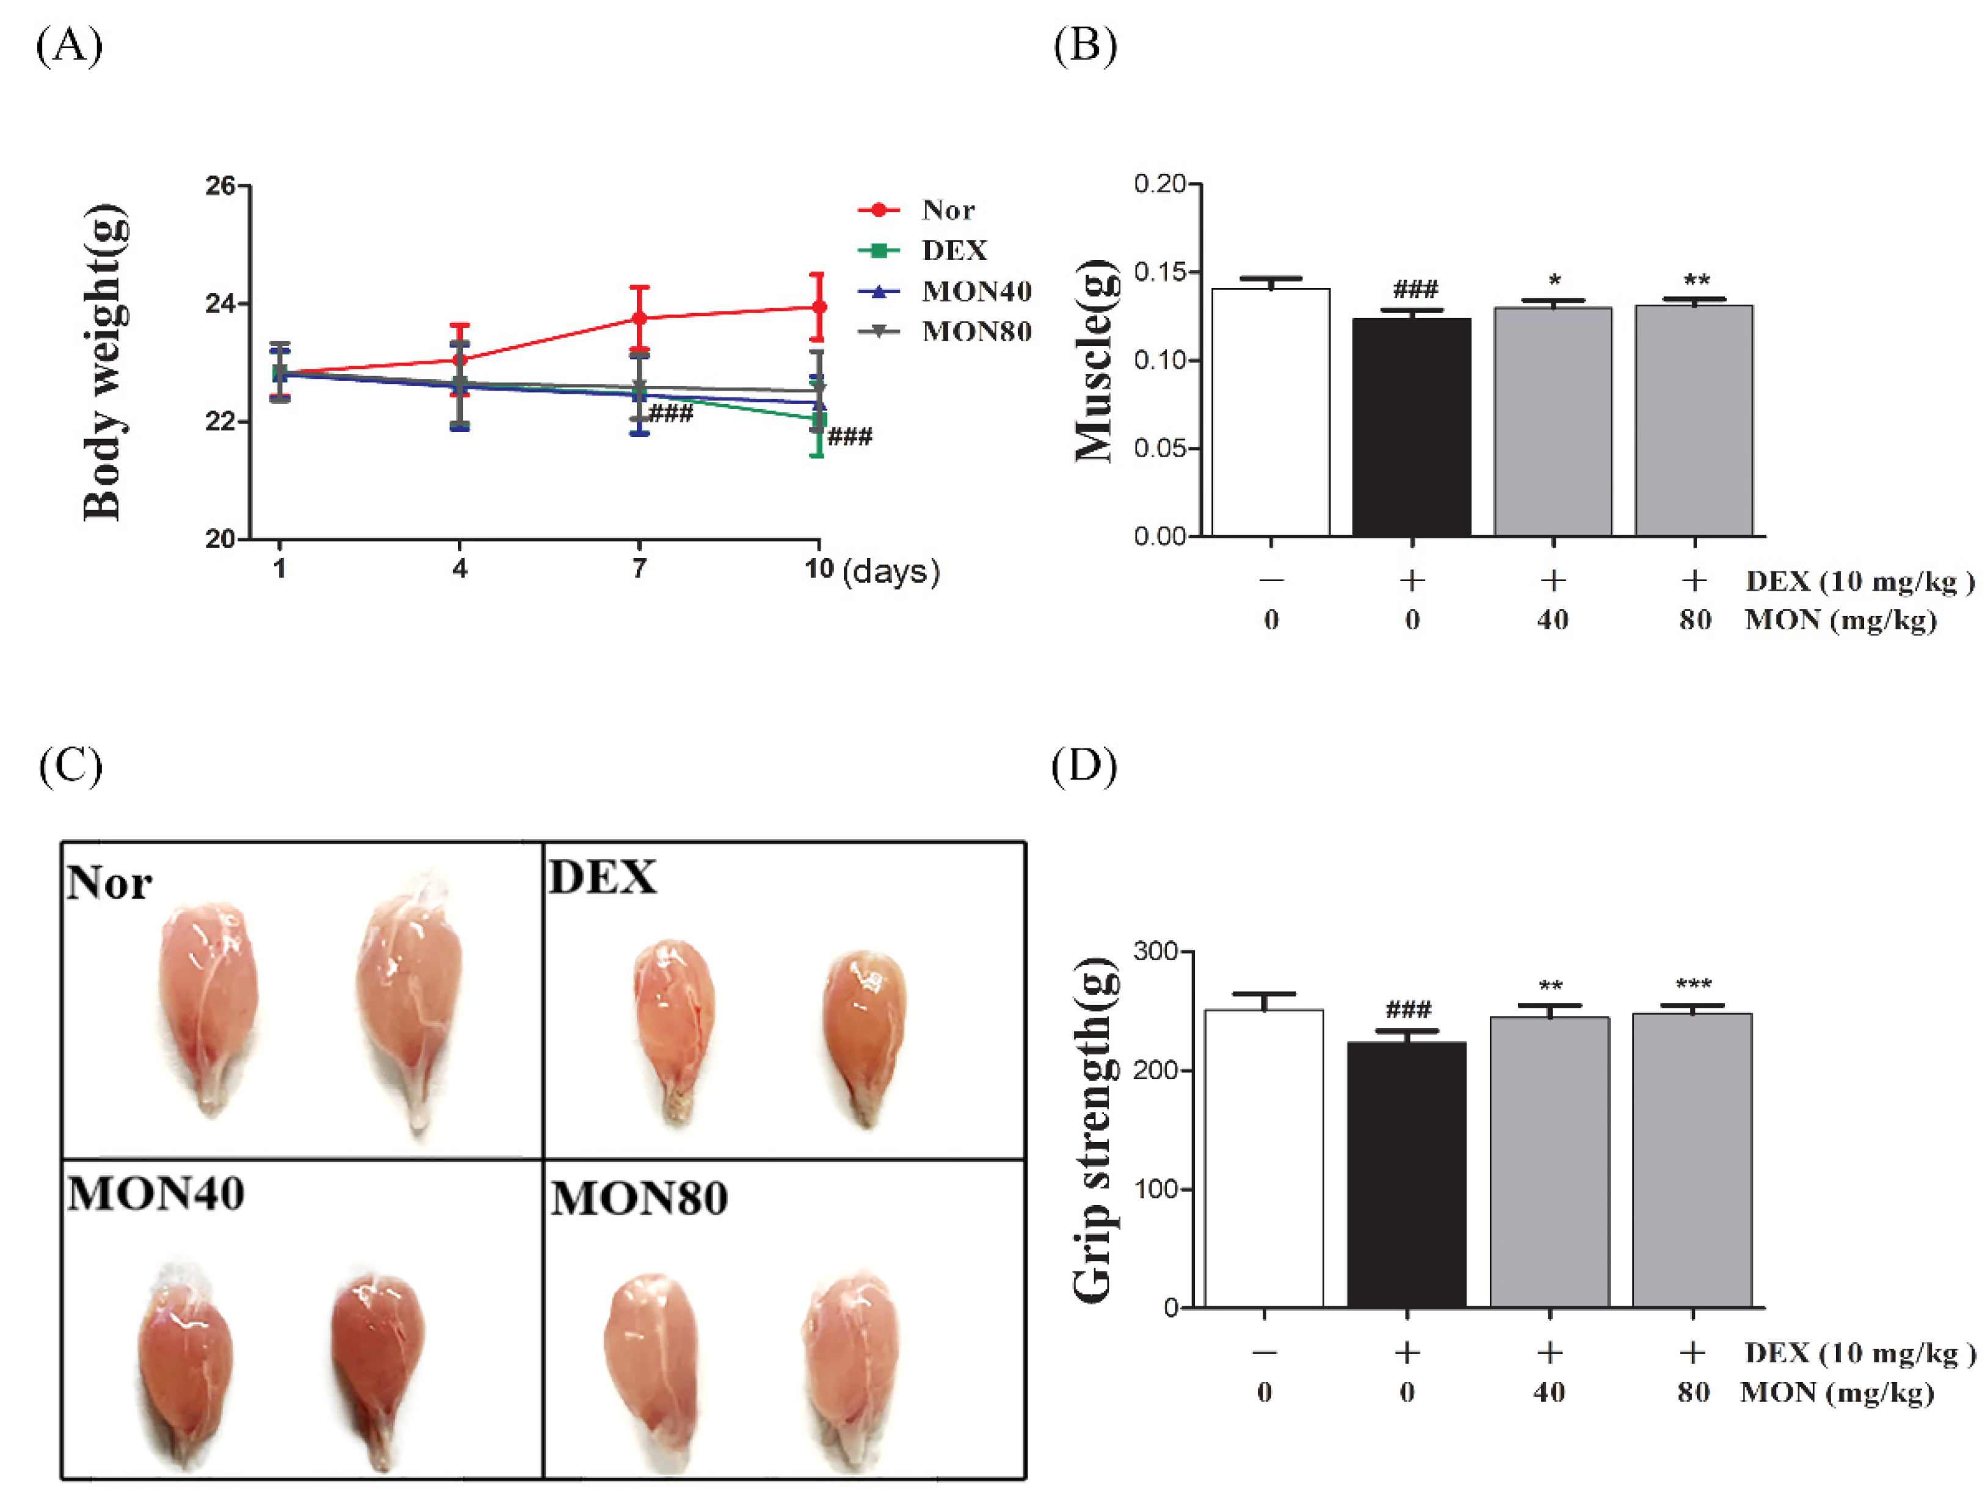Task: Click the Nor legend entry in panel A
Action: [x=947, y=210]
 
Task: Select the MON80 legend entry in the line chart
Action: [x=976, y=332]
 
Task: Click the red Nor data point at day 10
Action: [x=818, y=308]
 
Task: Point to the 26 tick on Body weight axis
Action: [x=220, y=186]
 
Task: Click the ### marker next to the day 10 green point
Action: [x=850, y=438]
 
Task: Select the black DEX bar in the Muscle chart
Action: [x=1410, y=427]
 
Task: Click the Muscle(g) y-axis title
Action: [x=1095, y=360]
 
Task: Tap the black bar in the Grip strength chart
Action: [x=1406, y=1174]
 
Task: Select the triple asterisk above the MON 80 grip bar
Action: [x=1693, y=985]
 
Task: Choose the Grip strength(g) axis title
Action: [x=1095, y=1129]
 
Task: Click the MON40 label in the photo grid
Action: [x=156, y=1195]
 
